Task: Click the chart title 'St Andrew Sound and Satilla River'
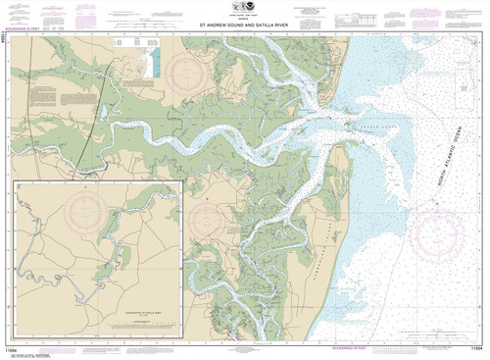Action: click(x=245, y=26)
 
